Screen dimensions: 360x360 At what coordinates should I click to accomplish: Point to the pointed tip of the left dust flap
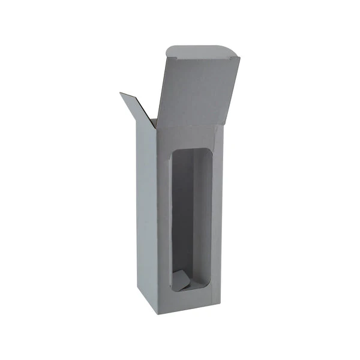click(x=121, y=93)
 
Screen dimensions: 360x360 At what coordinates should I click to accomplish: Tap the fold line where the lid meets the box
click(x=191, y=127)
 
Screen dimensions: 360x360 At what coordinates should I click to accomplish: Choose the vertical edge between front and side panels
click(x=158, y=222)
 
